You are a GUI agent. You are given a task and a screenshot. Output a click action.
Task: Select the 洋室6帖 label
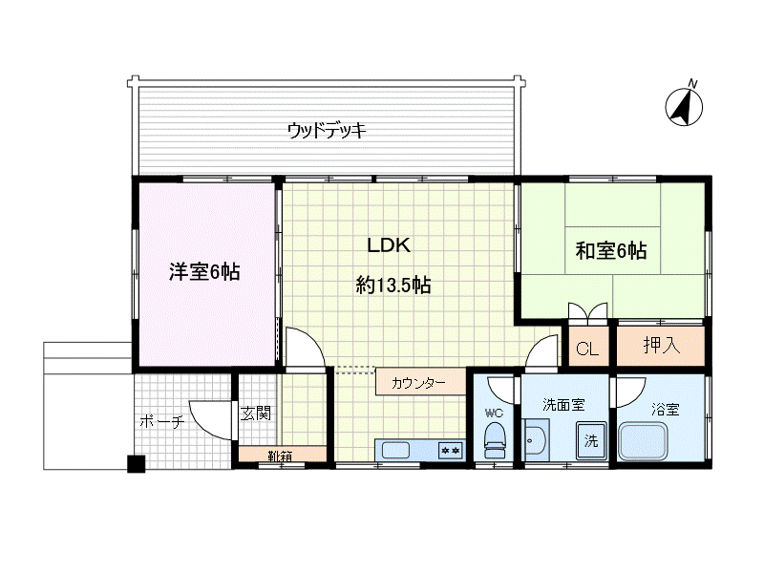click(203, 272)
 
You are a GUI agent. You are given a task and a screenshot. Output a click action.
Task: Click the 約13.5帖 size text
click(393, 284)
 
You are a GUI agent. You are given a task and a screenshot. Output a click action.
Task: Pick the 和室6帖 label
click(611, 251)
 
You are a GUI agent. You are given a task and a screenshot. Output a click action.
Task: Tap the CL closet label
click(587, 349)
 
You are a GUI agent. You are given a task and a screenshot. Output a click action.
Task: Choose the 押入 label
click(661, 346)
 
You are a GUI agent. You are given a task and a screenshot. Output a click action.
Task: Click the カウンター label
click(418, 383)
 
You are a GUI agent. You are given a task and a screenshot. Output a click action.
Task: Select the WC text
click(494, 414)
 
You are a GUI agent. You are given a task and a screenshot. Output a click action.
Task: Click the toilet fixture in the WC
click(494, 442)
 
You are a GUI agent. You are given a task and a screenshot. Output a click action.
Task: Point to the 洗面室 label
click(563, 405)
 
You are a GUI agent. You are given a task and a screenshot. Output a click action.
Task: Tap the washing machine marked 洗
click(591, 441)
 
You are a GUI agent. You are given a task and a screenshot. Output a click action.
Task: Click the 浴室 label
click(666, 409)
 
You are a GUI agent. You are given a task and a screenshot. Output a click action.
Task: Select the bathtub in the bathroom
click(649, 442)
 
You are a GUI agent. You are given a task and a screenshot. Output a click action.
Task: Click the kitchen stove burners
click(450, 449)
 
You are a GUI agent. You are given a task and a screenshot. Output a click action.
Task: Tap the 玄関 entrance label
click(255, 414)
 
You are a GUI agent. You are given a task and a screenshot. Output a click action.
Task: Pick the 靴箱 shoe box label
click(280, 456)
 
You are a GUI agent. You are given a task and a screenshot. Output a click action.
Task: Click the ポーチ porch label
click(161, 421)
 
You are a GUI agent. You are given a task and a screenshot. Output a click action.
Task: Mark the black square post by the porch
click(137, 464)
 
